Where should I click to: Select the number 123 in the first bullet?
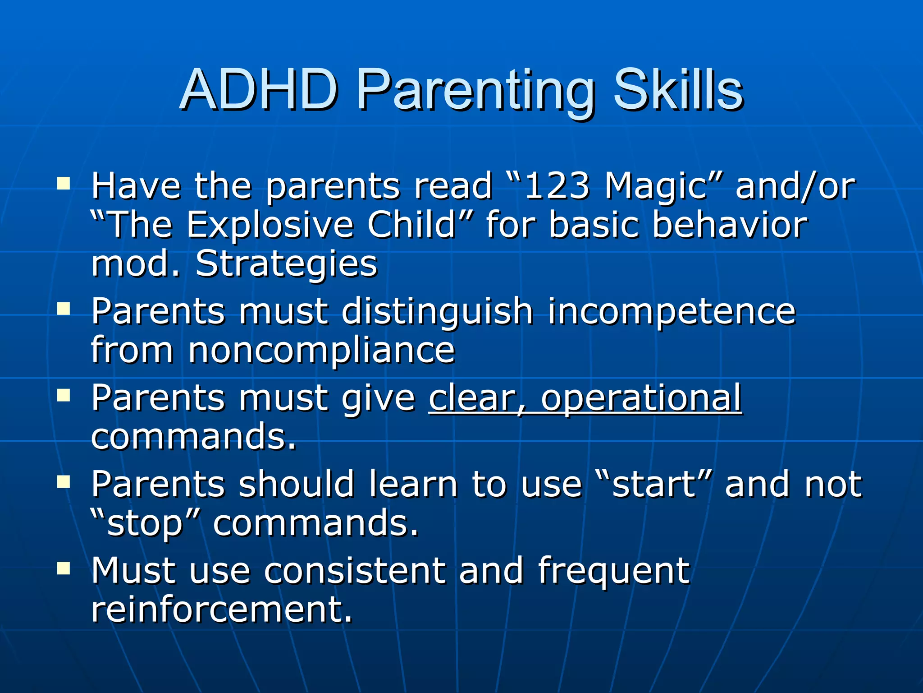pyautogui.click(x=557, y=186)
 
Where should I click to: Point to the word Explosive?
pyautogui.click(x=270, y=225)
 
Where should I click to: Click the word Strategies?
pyautogui.click(x=286, y=264)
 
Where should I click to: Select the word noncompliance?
pyautogui.click(x=321, y=351)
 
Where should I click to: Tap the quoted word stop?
pyautogui.click(x=145, y=523)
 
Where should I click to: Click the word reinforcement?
pyautogui.click(x=221, y=609)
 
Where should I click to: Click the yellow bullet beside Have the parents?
pyautogui.click(x=64, y=184)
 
